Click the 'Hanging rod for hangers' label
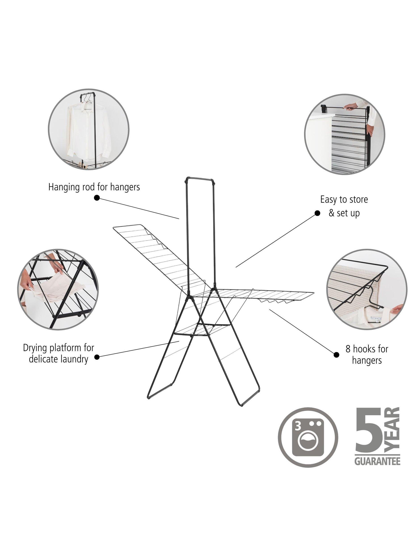click(x=94, y=187)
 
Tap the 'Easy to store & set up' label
click(x=344, y=206)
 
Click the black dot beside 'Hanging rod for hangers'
click(x=97, y=198)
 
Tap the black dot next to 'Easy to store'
click(x=317, y=213)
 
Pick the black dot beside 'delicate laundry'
click(x=97, y=357)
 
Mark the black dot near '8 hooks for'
click(x=336, y=355)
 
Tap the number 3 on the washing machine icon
click(x=298, y=427)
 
